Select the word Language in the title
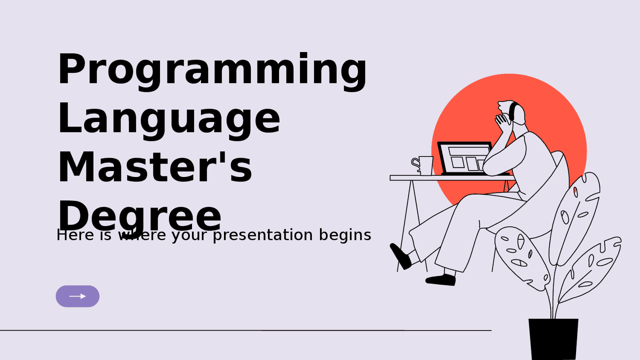(x=168, y=119)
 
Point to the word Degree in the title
(x=139, y=215)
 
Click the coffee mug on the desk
(x=425, y=165)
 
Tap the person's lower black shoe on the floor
(x=441, y=279)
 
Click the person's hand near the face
(x=501, y=121)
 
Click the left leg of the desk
(x=405, y=225)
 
